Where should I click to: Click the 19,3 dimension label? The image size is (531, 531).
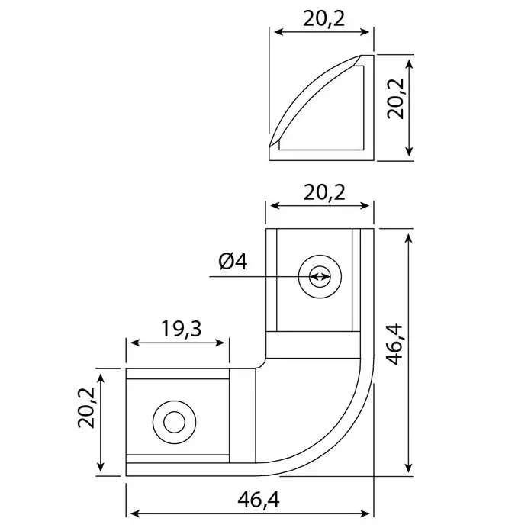coord(177,329)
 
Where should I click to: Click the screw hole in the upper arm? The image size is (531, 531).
coord(319,276)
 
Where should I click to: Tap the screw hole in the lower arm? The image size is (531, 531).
coord(173,421)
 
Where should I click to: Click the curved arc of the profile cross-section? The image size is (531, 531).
coord(305,99)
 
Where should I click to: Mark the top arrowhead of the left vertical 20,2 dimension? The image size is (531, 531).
coord(100,373)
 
